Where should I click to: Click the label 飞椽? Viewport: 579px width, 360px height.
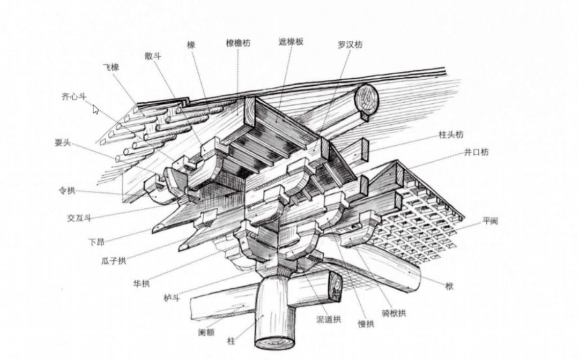pyautogui.click(x=111, y=67)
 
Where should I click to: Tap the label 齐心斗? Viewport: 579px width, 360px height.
pyautogui.click(x=73, y=97)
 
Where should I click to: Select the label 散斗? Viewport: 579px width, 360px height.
pyautogui.click(x=153, y=56)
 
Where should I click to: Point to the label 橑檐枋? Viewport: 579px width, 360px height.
pyautogui.click(x=238, y=43)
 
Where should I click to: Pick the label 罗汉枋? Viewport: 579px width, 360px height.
pyautogui.click(x=350, y=44)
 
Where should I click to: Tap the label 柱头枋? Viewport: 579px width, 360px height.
pyautogui.click(x=451, y=135)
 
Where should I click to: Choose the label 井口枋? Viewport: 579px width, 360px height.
pyautogui.click(x=477, y=152)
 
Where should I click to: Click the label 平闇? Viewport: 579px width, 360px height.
pyautogui.click(x=491, y=220)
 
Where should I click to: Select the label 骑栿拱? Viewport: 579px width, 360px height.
pyautogui.click(x=394, y=313)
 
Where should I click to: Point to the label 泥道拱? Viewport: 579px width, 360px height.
pyautogui.click(x=329, y=319)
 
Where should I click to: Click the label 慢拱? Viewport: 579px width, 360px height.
pyautogui.click(x=366, y=324)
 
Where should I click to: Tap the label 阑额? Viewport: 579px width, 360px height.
pyautogui.click(x=206, y=332)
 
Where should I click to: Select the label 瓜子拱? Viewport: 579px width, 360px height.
pyautogui.click(x=114, y=261)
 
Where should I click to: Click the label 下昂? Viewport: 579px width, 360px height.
pyautogui.click(x=96, y=242)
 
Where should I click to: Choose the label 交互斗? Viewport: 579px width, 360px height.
pyautogui.click(x=79, y=218)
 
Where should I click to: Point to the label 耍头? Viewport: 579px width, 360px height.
pyautogui.click(x=63, y=142)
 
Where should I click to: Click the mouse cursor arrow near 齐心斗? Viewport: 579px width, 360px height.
pyautogui.click(x=95, y=109)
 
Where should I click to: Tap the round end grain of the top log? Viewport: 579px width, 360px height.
pyautogui.click(x=367, y=97)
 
